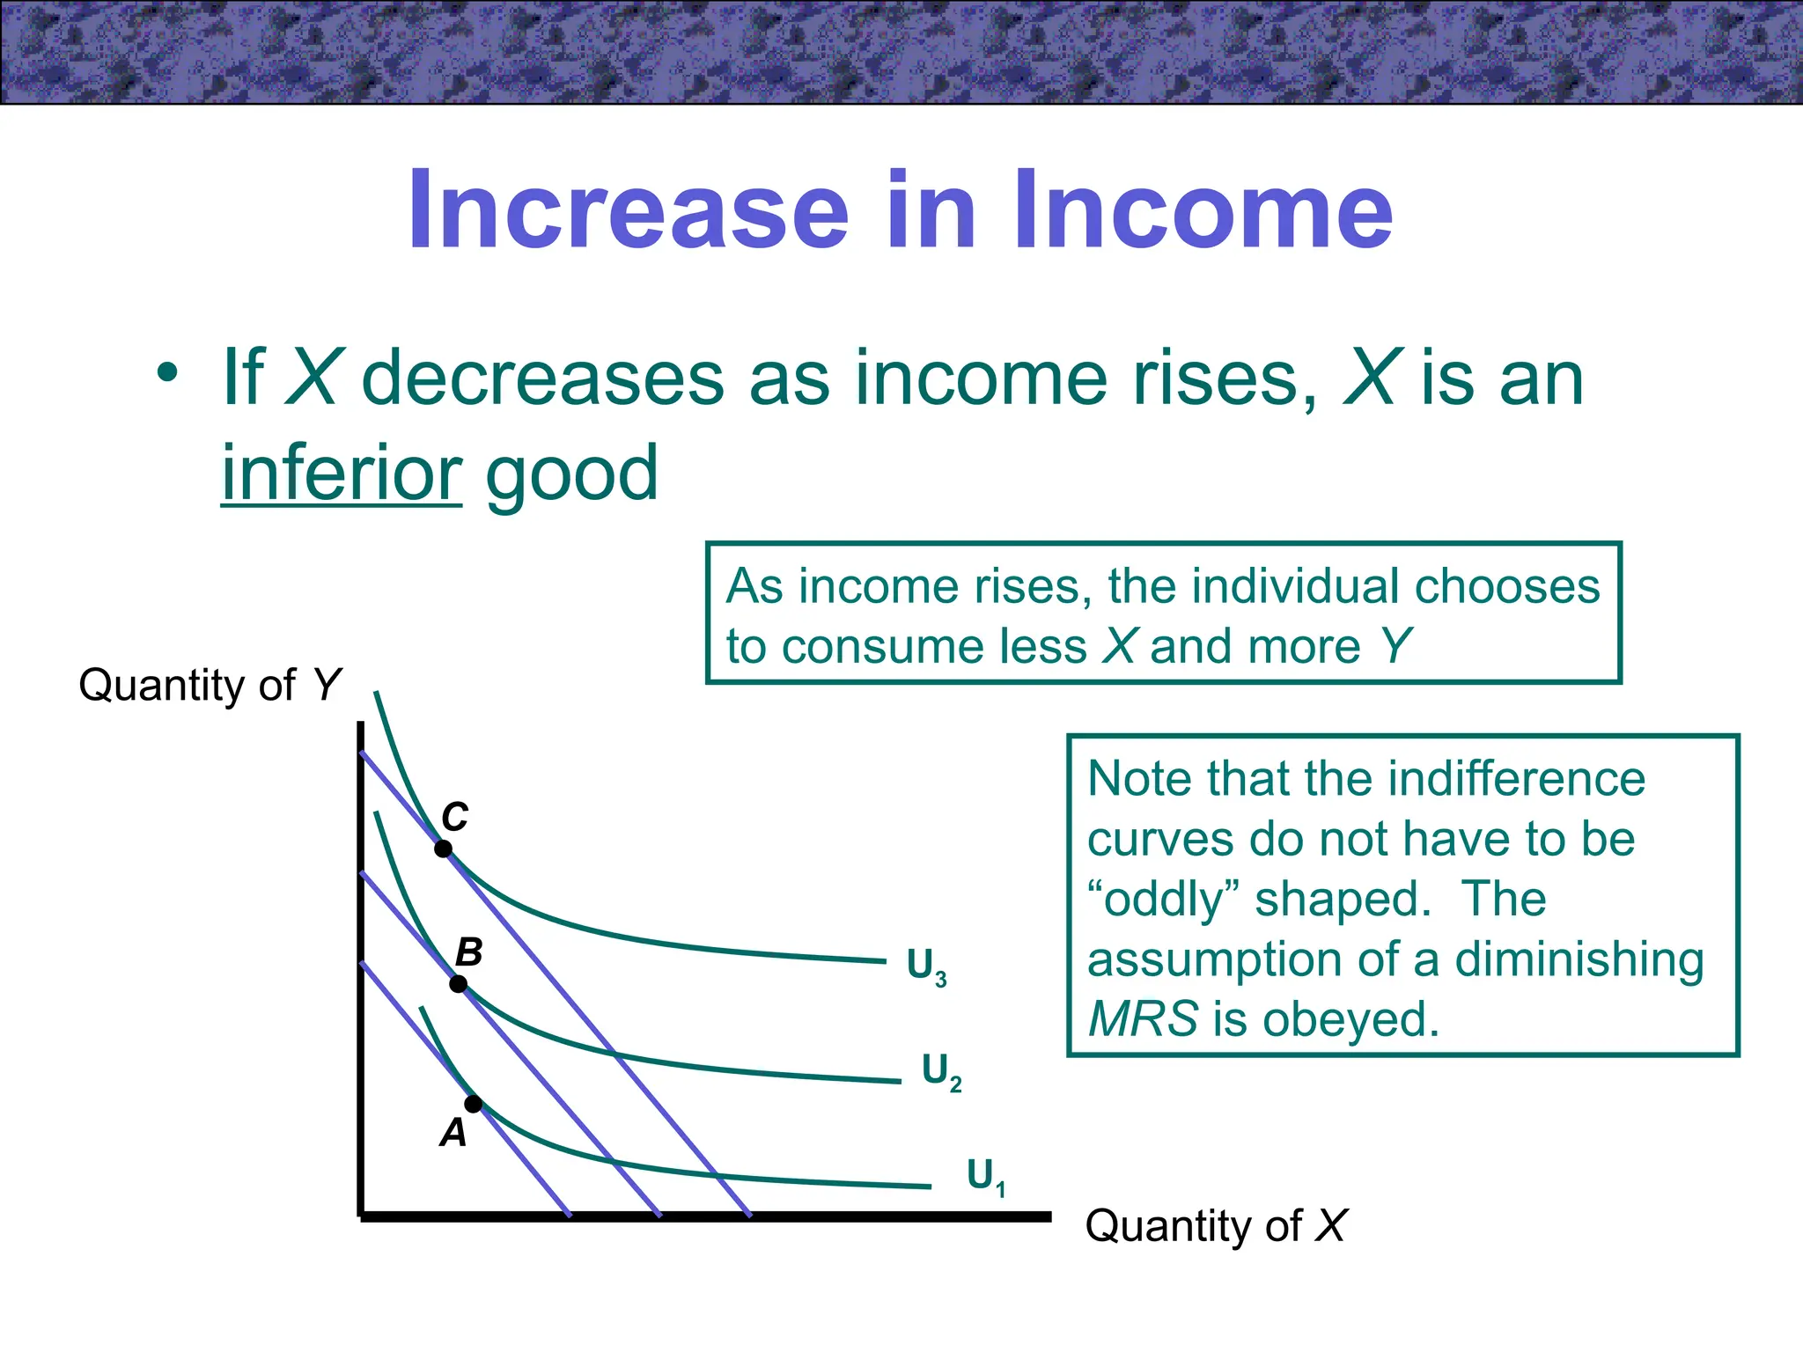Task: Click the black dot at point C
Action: point(444,849)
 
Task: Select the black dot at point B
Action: point(459,984)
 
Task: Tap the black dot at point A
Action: point(474,1104)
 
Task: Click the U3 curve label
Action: point(926,966)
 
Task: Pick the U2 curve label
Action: point(941,1071)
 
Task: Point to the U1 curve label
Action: point(985,1176)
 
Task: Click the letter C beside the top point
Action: point(455,817)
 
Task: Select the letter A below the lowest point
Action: point(453,1133)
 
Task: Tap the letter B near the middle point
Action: point(469,952)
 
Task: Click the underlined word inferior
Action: point(342,474)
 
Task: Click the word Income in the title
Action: point(1203,211)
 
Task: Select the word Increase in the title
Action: point(629,211)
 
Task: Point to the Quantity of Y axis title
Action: point(210,685)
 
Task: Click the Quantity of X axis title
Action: point(1216,1225)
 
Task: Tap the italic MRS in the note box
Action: point(1143,1019)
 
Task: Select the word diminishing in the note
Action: point(1579,959)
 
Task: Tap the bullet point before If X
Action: point(167,375)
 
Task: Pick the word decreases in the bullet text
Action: point(543,378)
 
